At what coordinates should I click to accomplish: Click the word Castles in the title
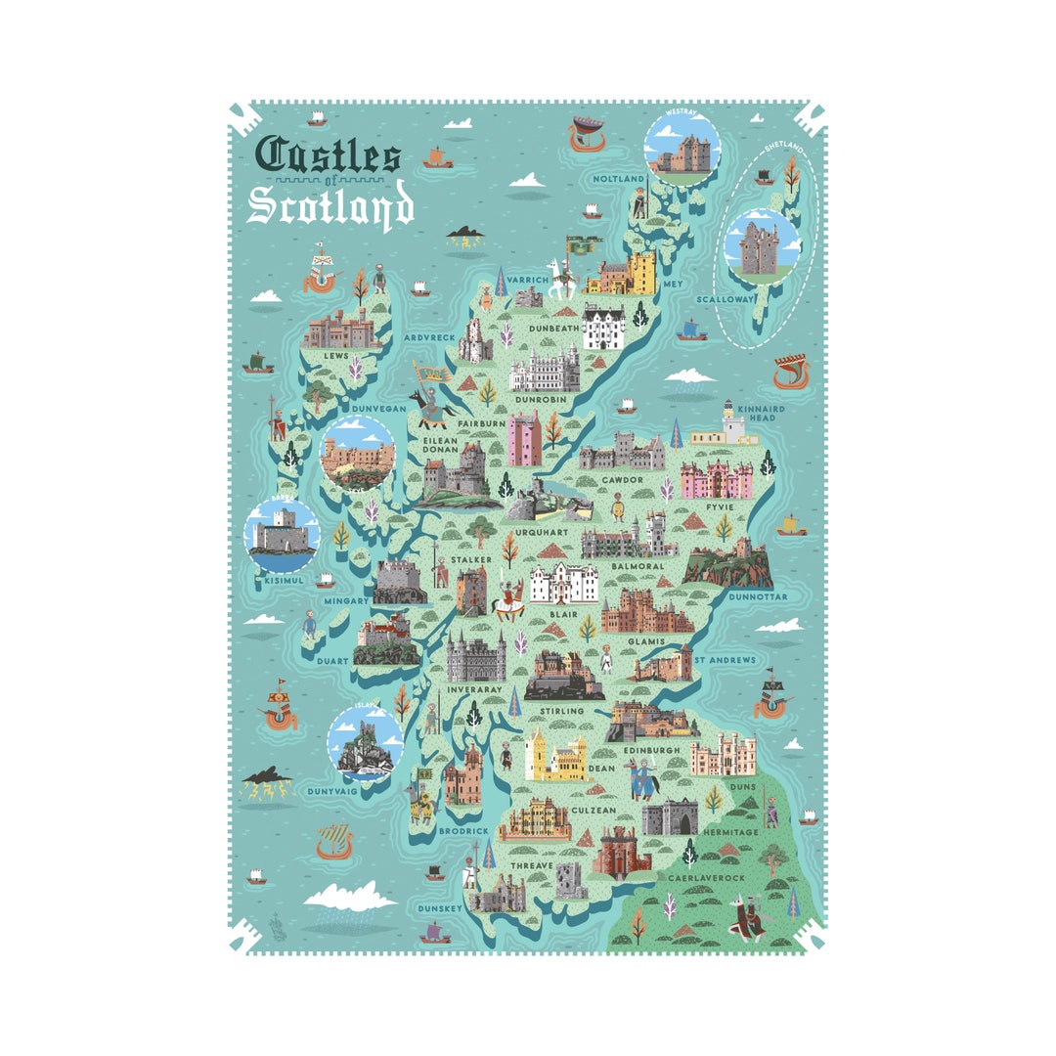click(328, 156)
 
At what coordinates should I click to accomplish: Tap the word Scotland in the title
click(330, 207)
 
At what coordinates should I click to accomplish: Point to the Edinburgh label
click(651, 751)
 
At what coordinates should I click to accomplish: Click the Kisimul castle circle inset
click(282, 534)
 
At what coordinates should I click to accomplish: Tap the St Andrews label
click(725, 660)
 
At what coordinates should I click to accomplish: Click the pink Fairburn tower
click(525, 438)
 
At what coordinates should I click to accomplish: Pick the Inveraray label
click(474, 689)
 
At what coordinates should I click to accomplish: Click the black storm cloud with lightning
click(266, 778)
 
